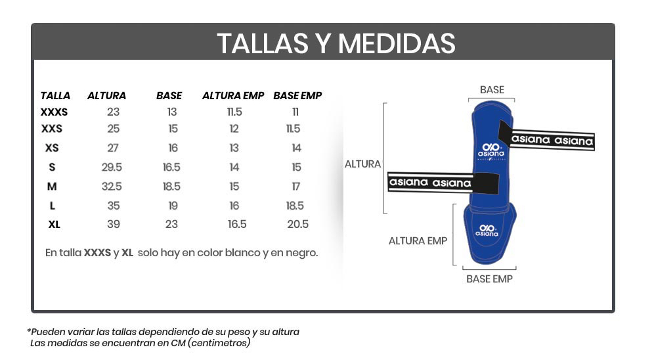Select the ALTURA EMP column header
point(233,96)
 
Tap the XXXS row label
point(54,112)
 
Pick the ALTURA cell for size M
point(112,187)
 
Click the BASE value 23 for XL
point(171,224)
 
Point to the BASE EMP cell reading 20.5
point(297,224)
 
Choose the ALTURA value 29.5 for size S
point(112,168)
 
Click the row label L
point(53,206)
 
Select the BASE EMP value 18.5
point(295,206)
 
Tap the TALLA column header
point(55,96)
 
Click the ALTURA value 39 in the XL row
point(114,224)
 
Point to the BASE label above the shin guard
point(492,89)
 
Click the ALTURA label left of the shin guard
point(362,164)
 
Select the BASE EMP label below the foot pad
point(489,279)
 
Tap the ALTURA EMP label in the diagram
point(418,241)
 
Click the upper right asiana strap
point(552,139)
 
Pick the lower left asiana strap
point(430,182)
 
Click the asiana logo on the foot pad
point(487,229)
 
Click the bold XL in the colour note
point(127,252)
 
